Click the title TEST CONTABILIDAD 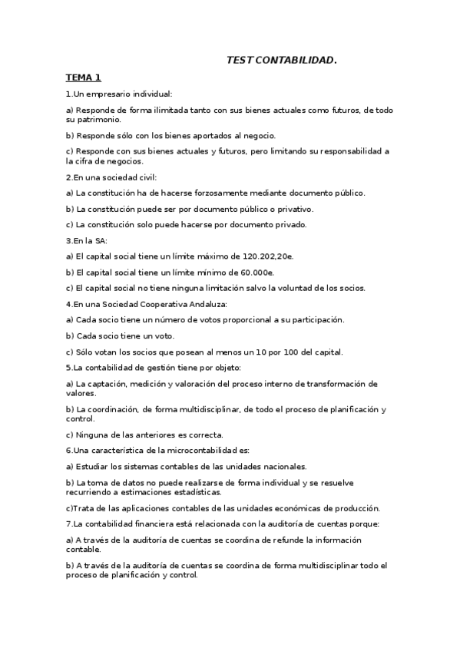pyautogui.click(x=281, y=60)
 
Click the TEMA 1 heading pyautogui.click(x=83, y=78)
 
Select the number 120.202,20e pyautogui.click(x=260, y=256)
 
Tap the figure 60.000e pyautogui.click(x=255, y=272)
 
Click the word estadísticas pyautogui.click(x=194, y=491)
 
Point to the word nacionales pyautogui.click(x=282, y=466)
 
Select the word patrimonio pyautogui.click(x=98, y=120)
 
